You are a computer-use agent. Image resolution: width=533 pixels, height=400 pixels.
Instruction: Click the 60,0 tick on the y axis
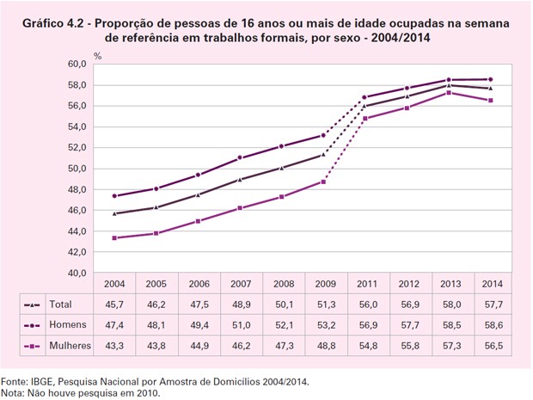(x=76, y=65)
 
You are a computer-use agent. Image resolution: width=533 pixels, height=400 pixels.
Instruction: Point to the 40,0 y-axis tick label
(x=76, y=273)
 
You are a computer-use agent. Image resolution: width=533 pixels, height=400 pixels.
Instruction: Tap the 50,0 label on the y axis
(x=76, y=169)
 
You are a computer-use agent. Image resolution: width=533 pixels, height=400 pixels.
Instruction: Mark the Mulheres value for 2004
(x=114, y=346)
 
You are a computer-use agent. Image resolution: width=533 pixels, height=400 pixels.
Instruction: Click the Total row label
(x=61, y=304)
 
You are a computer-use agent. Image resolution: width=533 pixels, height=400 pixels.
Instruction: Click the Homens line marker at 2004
(x=115, y=196)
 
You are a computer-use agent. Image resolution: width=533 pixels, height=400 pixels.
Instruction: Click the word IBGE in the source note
(x=41, y=379)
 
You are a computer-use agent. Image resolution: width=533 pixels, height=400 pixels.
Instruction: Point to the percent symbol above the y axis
(x=97, y=56)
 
